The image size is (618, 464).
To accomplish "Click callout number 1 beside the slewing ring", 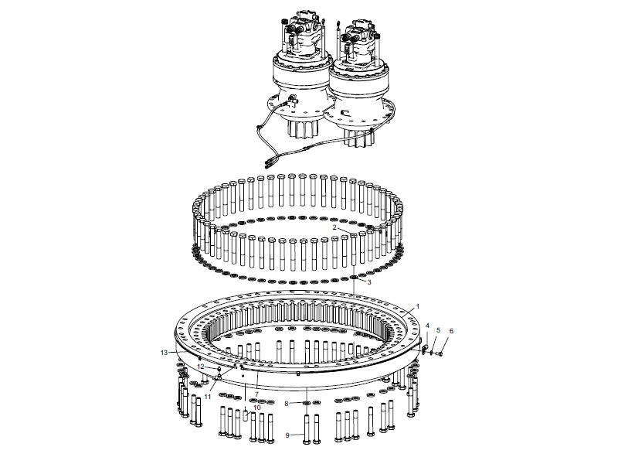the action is pos(418,306).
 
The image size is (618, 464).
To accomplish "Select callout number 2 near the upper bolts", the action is pos(334,227).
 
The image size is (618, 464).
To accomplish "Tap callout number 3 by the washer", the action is pos(369,282).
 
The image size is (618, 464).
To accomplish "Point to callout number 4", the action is pos(427,326).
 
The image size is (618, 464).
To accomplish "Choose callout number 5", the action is pos(438,330).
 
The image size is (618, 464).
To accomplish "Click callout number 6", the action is pos(451,331).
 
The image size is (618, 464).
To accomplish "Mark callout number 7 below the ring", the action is pos(256,394).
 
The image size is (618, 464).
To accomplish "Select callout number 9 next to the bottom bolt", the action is pos(287,435).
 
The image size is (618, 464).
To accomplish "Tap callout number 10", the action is pos(257,408).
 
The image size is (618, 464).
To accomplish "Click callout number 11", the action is pos(208,397).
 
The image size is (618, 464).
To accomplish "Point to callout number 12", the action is pos(201,367).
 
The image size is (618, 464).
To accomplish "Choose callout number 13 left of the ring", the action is pos(165,353).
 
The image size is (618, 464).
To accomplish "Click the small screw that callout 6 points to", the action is pos(440,354).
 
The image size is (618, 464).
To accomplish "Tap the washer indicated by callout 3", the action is pos(354,278).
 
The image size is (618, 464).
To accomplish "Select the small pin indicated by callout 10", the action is pos(245,416).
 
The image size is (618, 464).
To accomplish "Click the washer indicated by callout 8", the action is pos(307,403).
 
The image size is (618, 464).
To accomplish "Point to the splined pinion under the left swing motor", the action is pos(301,128).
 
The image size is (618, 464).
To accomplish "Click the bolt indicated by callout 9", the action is pos(307,429).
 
